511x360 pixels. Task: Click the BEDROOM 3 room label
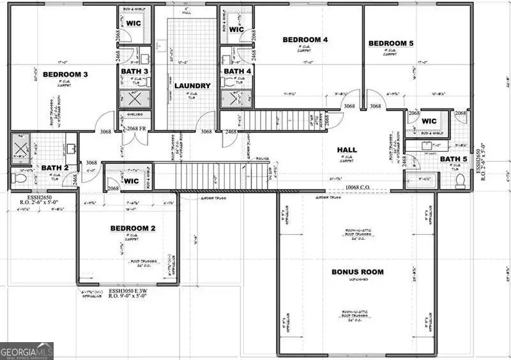click(x=65, y=75)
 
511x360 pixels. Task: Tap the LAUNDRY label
click(x=192, y=86)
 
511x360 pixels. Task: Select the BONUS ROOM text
click(x=357, y=272)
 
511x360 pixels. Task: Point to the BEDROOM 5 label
click(x=391, y=43)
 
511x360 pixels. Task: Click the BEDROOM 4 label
click(x=305, y=40)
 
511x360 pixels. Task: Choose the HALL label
click(x=347, y=150)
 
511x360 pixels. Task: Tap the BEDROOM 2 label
click(x=132, y=228)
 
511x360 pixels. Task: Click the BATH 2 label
click(x=54, y=168)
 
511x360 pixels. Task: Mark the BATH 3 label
click(x=135, y=71)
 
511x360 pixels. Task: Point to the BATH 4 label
click(x=238, y=71)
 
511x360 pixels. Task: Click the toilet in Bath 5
click(x=459, y=179)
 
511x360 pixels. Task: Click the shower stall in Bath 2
click(x=19, y=146)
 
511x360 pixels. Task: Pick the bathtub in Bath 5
click(x=422, y=181)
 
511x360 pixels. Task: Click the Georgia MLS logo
click(x=27, y=351)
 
